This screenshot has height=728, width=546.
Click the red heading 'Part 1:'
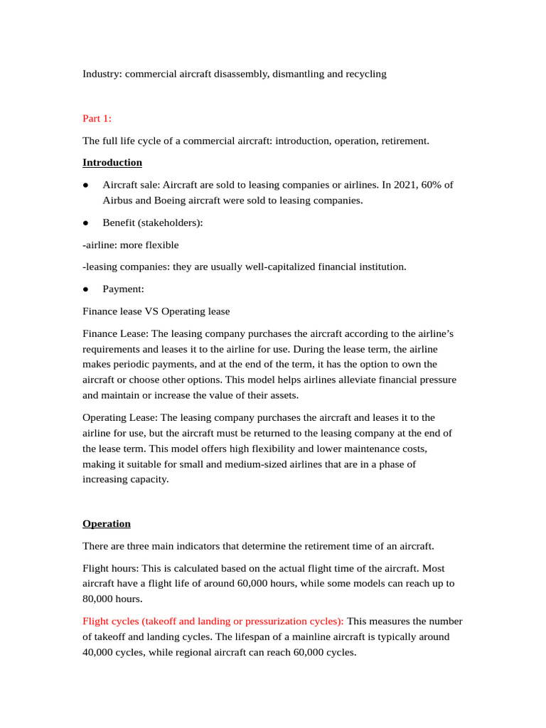(97, 118)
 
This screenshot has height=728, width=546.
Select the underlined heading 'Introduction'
(112, 163)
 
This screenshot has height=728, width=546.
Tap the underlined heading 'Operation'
(107, 524)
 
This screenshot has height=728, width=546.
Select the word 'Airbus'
(119, 200)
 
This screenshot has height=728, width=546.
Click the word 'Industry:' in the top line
(102, 74)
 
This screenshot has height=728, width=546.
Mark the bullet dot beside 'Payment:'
(86, 289)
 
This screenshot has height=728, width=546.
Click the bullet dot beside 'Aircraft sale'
(86, 185)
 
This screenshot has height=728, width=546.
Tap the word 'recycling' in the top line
(366, 74)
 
